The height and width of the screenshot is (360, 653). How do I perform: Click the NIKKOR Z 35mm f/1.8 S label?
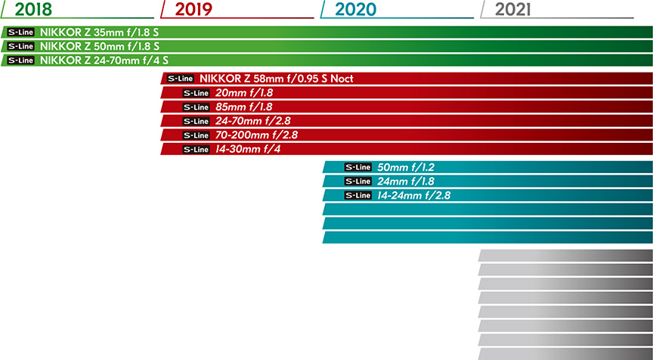click(x=99, y=33)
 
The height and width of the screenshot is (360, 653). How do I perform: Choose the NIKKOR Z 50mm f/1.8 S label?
click(x=99, y=46)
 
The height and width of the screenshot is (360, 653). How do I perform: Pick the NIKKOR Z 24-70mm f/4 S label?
click(x=104, y=60)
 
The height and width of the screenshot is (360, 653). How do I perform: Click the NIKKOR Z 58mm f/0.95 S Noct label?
click(x=277, y=79)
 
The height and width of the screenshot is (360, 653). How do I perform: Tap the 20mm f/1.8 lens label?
click(x=244, y=93)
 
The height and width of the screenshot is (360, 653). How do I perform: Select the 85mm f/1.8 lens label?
click(x=244, y=107)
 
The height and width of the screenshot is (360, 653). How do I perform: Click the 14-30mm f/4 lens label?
click(x=250, y=149)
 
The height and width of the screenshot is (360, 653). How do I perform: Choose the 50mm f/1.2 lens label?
click(x=406, y=167)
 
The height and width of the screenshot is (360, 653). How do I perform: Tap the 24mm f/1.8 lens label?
click(x=406, y=182)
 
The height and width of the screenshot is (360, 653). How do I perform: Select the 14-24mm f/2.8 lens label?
click(x=415, y=195)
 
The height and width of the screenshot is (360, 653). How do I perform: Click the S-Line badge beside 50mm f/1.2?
click(x=358, y=167)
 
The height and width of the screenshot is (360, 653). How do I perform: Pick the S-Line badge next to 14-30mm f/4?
click(x=197, y=149)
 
